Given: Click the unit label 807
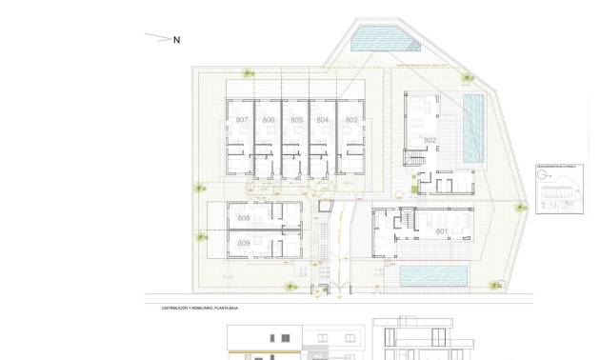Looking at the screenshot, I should pyautogui.click(x=242, y=120).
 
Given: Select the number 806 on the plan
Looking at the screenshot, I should pyautogui.click(x=270, y=120).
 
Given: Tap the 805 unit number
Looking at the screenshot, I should pyautogui.click(x=297, y=120).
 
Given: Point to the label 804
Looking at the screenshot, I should pyautogui.click(x=323, y=120).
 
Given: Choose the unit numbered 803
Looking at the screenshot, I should pyautogui.click(x=351, y=120).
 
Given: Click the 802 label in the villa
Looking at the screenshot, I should pyautogui.click(x=430, y=141).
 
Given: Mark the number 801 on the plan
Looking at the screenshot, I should pyautogui.click(x=442, y=231).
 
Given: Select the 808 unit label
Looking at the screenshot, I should pyautogui.click(x=244, y=219).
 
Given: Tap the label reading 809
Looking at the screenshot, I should pyautogui.click(x=244, y=245).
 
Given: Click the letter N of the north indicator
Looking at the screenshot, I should pyautogui.click(x=177, y=40).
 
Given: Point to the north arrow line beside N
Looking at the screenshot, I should pyautogui.click(x=157, y=38).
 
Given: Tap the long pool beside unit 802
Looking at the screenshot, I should pyautogui.click(x=472, y=128).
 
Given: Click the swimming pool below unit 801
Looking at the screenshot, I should pyautogui.click(x=433, y=277).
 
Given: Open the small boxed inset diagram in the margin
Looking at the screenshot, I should pyautogui.click(x=559, y=189).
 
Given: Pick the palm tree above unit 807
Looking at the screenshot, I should pyautogui.click(x=249, y=72).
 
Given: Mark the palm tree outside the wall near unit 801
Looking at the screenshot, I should pyautogui.click(x=521, y=208).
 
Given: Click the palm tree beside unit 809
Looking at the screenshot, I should pyautogui.click(x=200, y=237).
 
